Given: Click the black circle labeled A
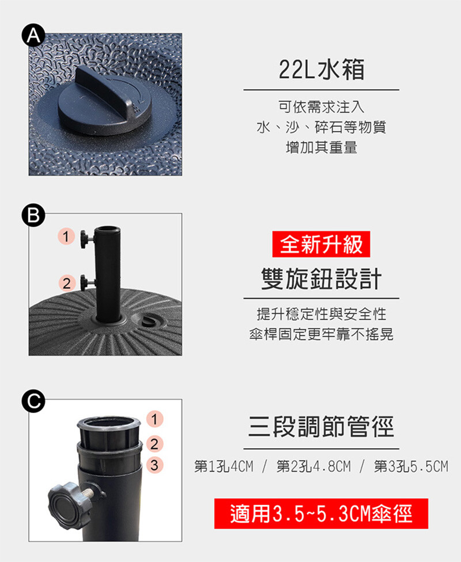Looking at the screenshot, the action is (33, 36).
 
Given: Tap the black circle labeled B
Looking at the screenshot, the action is (33, 215).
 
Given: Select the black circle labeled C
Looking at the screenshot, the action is (33, 401).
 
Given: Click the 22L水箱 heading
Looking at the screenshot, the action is (322, 69).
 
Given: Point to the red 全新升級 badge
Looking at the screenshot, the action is (321, 244).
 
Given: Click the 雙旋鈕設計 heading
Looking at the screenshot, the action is (321, 278).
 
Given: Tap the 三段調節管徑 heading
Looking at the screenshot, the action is (321, 426).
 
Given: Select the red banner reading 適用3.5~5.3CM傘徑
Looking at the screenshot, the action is (321, 514).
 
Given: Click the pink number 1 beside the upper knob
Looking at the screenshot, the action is (66, 236).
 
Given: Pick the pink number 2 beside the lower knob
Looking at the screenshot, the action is (67, 283).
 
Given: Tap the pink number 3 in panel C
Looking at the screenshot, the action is (154, 465).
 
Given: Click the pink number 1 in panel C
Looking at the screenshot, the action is (154, 419).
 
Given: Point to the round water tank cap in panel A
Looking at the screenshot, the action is (104, 102).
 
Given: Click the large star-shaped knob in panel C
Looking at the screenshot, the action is (69, 506).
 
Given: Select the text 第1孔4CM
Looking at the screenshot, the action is (224, 467).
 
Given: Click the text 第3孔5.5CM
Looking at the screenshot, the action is (411, 467).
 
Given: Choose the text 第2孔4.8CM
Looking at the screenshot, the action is (313, 467).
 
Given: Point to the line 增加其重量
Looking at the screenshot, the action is (322, 147).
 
